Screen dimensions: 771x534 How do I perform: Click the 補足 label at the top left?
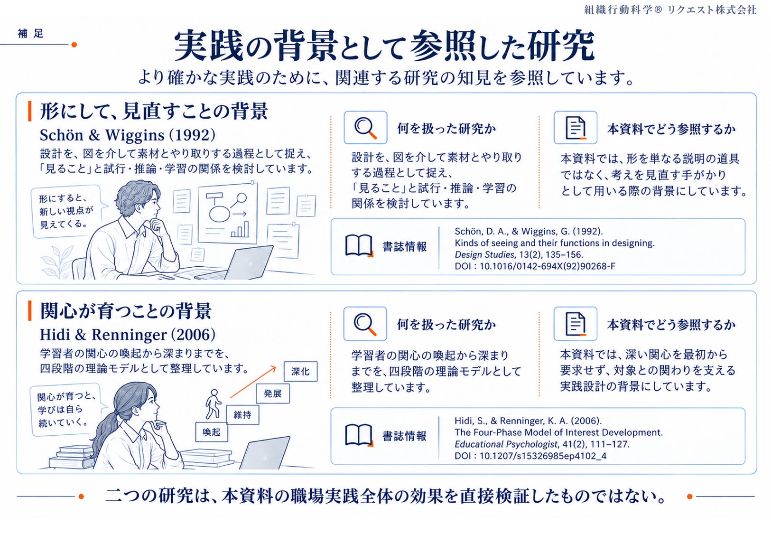pos(31,33)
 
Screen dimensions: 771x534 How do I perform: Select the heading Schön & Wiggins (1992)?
pos(128,135)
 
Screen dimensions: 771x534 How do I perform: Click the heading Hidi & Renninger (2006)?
pos(128,334)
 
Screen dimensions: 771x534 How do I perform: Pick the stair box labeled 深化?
pos(300,372)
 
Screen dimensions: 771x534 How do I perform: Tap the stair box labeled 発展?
pos(273,393)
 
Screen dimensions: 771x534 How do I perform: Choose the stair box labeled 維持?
pos(242,415)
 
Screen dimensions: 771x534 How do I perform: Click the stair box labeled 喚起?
pos(211,432)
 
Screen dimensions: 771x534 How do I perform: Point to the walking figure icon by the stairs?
pos(214,404)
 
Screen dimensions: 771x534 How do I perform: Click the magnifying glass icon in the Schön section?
pos(365,128)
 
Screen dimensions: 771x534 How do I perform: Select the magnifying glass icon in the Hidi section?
pos(365,324)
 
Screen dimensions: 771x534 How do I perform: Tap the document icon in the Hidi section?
pos(576,324)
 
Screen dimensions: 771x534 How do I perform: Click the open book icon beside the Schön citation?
pos(359,246)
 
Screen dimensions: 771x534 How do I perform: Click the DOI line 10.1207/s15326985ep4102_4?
pos(530,456)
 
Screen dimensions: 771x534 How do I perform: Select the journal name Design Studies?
pos(484,255)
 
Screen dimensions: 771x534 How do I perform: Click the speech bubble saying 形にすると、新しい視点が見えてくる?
pos(67,212)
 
